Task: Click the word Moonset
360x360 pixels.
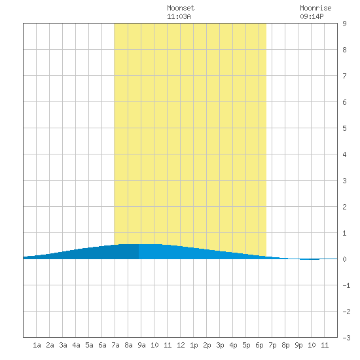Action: pyautogui.click(x=181, y=8)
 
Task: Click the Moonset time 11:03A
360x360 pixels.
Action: pyautogui.click(x=179, y=16)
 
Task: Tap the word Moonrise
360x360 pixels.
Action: pyautogui.click(x=315, y=8)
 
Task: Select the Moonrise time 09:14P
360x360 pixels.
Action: pyautogui.click(x=312, y=16)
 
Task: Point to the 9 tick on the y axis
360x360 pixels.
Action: pyautogui.click(x=344, y=24)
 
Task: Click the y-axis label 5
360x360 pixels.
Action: pyautogui.click(x=344, y=128)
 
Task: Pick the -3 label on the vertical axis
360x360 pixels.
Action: pyautogui.click(x=346, y=338)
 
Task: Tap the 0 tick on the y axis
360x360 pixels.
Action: pyautogui.click(x=344, y=259)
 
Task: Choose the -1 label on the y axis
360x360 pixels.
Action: pyautogui.click(x=346, y=285)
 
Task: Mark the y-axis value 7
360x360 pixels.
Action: pyautogui.click(x=344, y=76)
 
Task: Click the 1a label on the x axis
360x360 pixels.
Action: pyautogui.click(x=37, y=345)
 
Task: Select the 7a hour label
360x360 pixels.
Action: pyautogui.click(x=115, y=345)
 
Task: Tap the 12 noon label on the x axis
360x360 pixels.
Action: pyautogui.click(x=181, y=345)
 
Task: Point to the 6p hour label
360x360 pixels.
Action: pyautogui.click(x=259, y=345)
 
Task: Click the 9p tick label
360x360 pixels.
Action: pyautogui.click(x=298, y=345)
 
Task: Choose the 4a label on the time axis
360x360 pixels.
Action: pyautogui.click(x=76, y=345)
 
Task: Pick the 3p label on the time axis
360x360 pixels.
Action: pyautogui.click(x=220, y=345)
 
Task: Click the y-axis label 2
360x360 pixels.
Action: pyautogui.click(x=344, y=207)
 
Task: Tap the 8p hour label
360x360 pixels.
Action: pyautogui.click(x=285, y=345)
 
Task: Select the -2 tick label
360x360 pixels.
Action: pyautogui.click(x=346, y=312)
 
